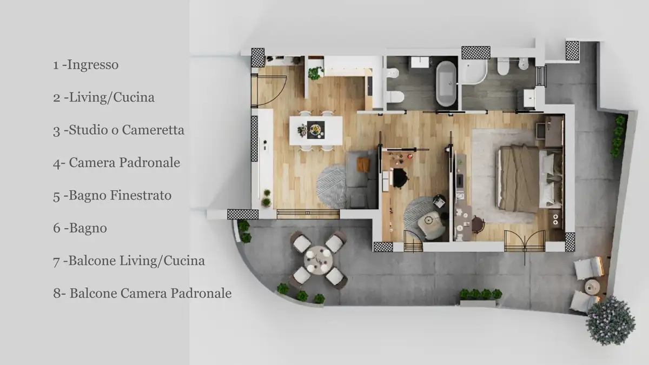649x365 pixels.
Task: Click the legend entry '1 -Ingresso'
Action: (85, 65)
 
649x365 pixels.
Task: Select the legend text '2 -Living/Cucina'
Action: (103, 97)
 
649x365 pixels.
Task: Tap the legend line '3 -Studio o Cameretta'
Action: (118, 130)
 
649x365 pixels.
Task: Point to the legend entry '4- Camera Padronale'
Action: (116, 163)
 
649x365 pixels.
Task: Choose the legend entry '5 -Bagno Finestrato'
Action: (112, 195)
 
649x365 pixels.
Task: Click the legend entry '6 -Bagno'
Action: (80, 228)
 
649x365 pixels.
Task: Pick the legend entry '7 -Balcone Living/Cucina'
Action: (129, 261)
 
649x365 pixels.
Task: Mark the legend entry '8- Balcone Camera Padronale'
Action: (142, 293)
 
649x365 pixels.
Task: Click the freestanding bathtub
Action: (446, 83)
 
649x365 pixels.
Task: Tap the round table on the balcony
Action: (319, 260)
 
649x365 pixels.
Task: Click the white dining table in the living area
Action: (316, 130)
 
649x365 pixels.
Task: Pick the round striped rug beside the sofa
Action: (332, 186)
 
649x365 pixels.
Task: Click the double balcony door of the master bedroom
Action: (525, 241)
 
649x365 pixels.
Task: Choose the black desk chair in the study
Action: (400, 177)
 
